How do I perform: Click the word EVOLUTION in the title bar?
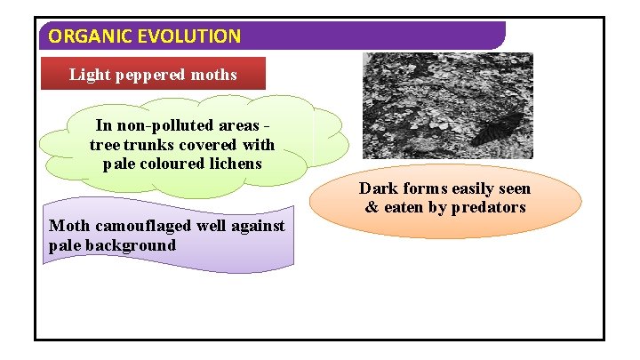tap(184, 36)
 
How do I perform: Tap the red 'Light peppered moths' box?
tap(154, 74)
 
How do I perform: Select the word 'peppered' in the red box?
tap(157, 75)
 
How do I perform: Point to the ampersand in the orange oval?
tap(372, 207)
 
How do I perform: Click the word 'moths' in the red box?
tap(216, 75)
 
